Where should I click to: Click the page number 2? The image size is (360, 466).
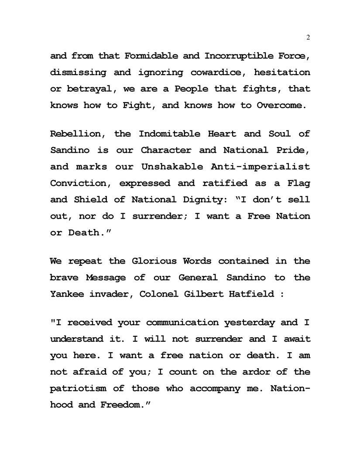pos(308,38)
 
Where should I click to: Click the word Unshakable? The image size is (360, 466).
pos(171,167)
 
